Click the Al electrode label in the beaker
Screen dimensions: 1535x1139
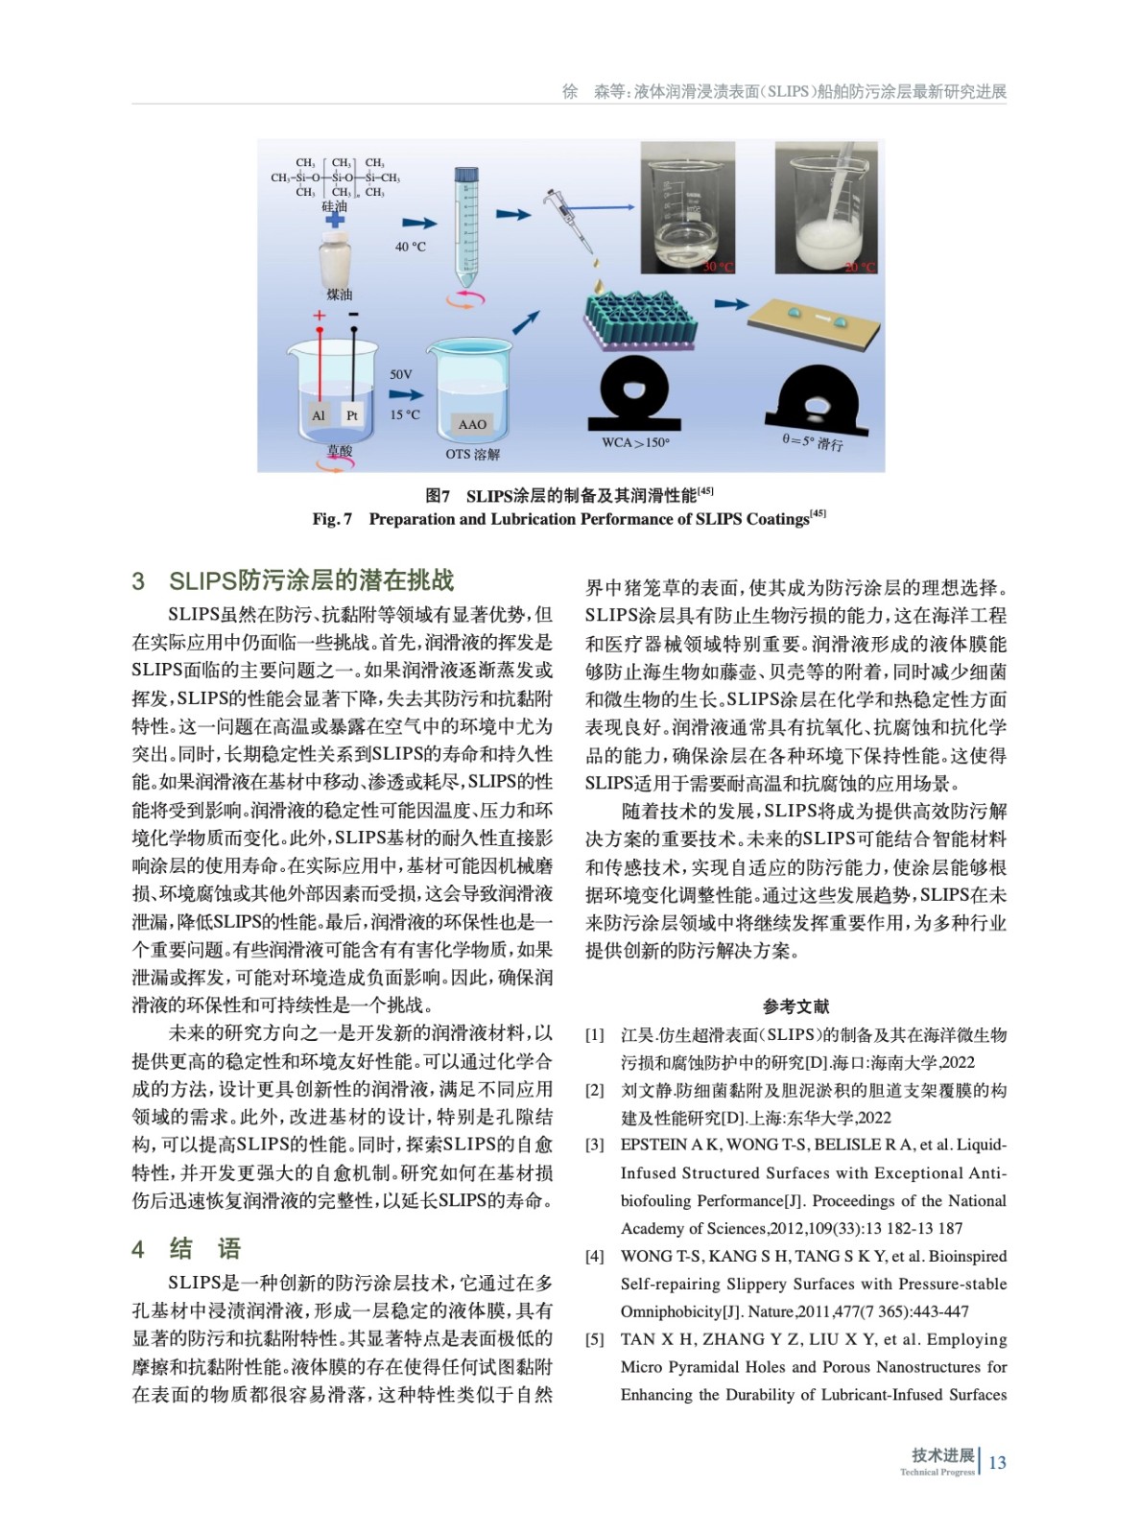point(319,415)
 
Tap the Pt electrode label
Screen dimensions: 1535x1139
point(352,415)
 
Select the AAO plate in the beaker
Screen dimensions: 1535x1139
point(472,424)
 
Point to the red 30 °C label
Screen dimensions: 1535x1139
point(718,267)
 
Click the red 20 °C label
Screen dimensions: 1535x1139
point(859,267)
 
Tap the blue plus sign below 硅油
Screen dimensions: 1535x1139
point(335,220)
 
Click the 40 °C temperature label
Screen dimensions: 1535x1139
point(410,247)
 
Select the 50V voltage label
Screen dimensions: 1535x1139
point(401,374)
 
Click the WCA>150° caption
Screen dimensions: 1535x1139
point(635,442)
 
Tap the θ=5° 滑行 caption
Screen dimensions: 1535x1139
point(812,442)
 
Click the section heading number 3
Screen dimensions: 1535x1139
point(138,581)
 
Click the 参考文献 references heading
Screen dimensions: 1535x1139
point(795,1006)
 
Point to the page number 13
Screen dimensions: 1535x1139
point(997,1462)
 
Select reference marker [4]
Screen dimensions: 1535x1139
point(595,1256)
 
